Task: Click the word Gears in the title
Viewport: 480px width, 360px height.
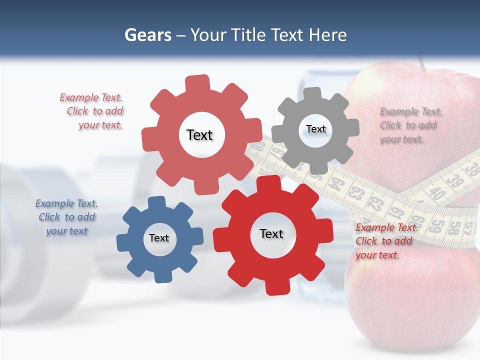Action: [x=147, y=35]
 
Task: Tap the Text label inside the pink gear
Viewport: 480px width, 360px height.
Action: [x=199, y=135]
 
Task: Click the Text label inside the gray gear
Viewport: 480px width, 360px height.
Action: [x=315, y=129]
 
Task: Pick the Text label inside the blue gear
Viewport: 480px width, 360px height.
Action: [x=159, y=238]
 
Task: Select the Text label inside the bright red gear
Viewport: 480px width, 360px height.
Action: [x=271, y=233]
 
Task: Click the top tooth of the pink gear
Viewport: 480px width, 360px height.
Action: [x=197, y=83]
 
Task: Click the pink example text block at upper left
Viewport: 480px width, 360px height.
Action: [x=93, y=111]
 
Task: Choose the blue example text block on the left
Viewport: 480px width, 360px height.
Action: [x=66, y=217]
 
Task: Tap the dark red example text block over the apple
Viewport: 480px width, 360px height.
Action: [x=386, y=241]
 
